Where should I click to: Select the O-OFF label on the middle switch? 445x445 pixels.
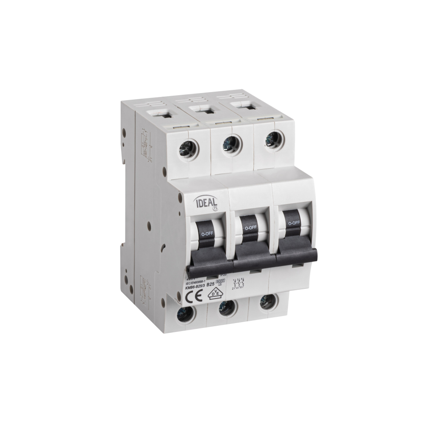pyautogui.click(x=250, y=227)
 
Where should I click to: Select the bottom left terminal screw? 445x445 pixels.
pyautogui.click(x=186, y=314)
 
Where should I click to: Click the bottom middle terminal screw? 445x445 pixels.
pyautogui.click(x=227, y=307)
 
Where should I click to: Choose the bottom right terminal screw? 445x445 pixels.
pyautogui.click(x=267, y=301)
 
